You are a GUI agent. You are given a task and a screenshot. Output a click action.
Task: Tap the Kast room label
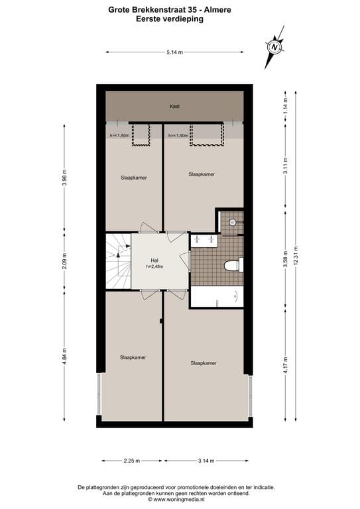coord(175,106)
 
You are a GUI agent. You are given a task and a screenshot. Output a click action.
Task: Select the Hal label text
coord(154,260)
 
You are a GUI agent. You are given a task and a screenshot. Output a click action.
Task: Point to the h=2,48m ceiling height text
coord(154,266)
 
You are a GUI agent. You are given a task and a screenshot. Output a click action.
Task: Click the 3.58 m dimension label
coord(285,256)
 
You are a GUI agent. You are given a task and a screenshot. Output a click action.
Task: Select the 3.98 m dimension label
coord(64,178)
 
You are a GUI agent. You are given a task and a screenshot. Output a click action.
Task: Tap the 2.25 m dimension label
coord(131,461)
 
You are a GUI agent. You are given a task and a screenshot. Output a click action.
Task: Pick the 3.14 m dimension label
coord(206,461)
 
